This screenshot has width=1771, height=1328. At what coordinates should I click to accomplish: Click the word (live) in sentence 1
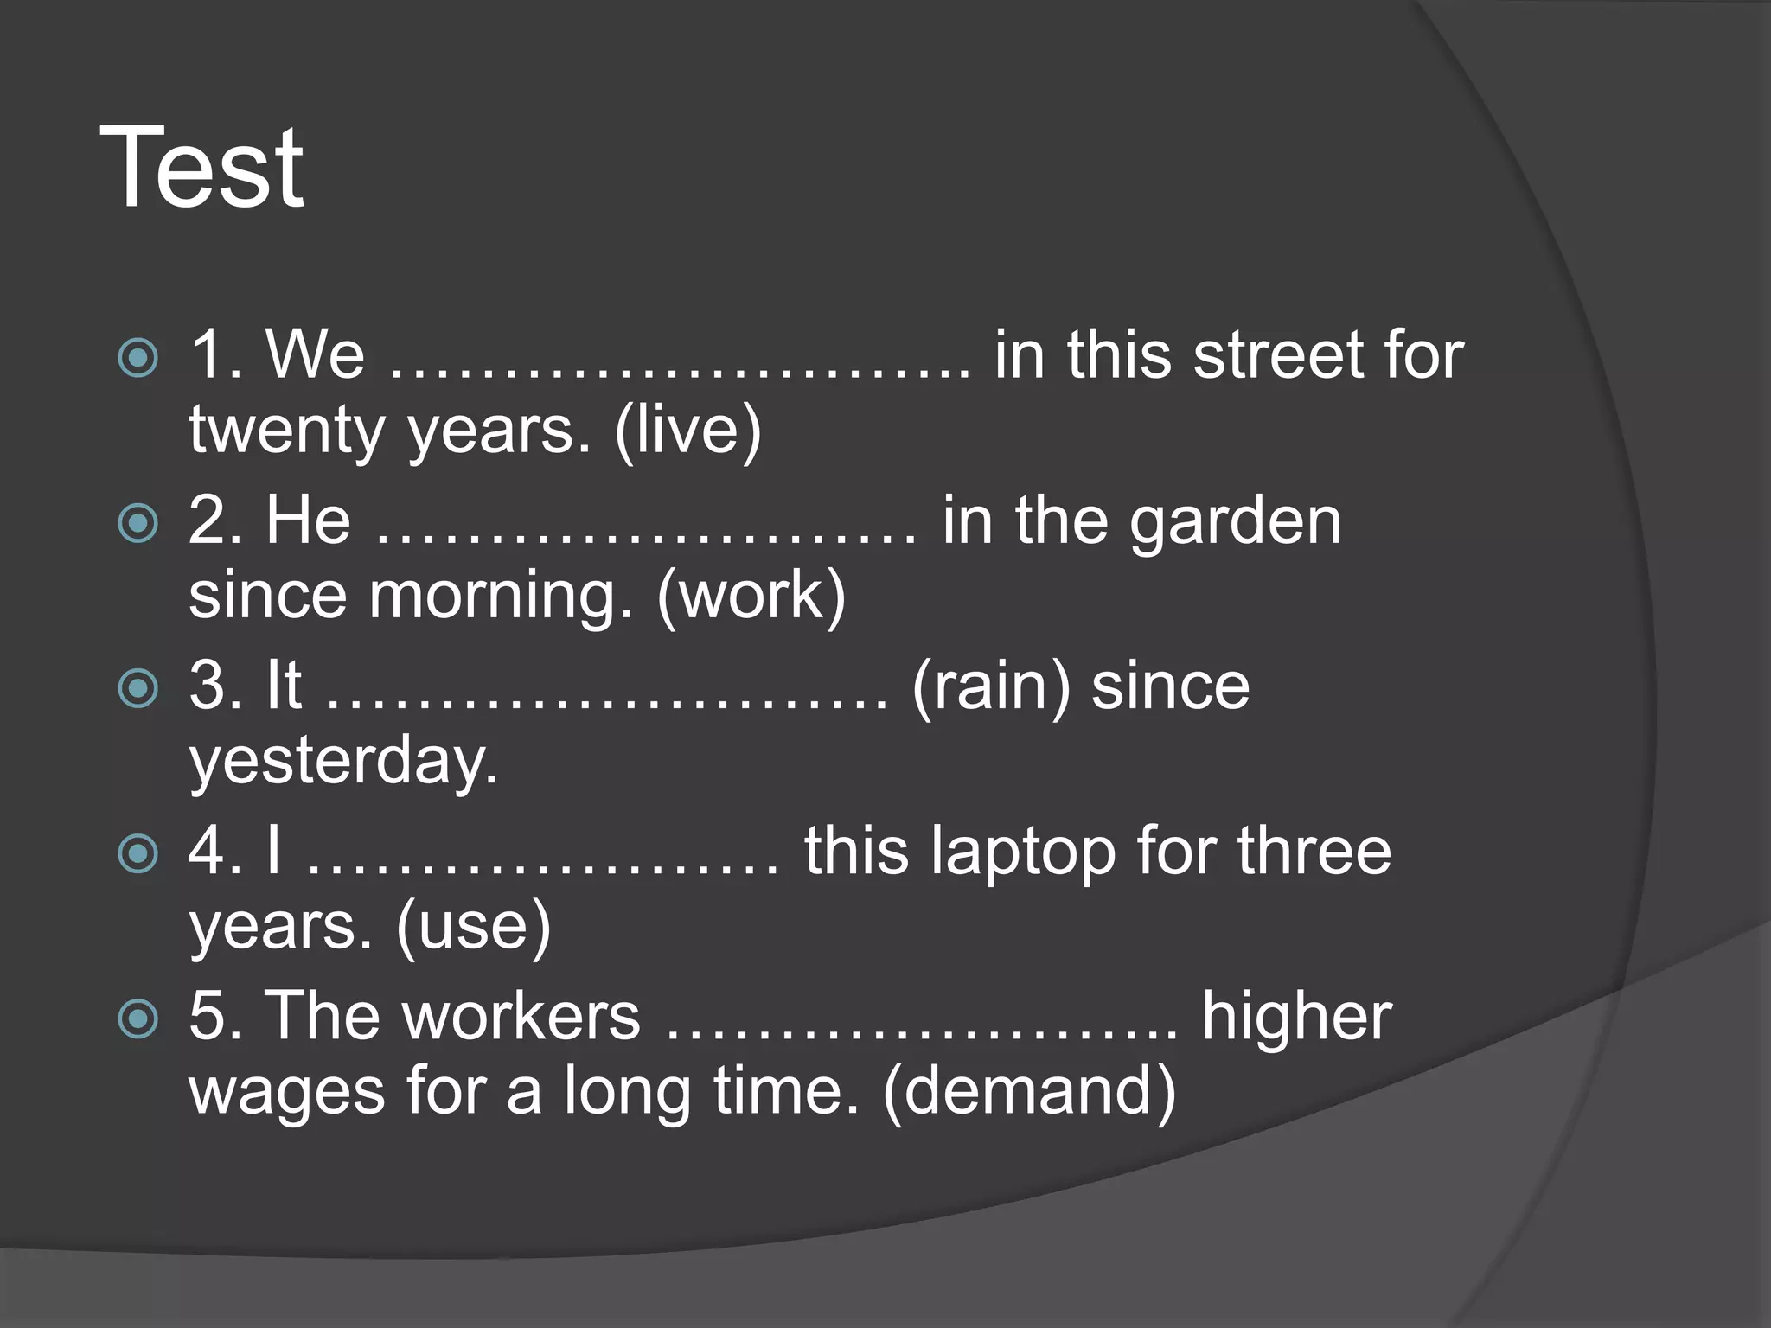coord(687,430)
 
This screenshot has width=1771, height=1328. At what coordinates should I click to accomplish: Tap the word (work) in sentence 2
coord(751,595)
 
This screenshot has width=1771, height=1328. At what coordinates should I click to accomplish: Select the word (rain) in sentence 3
coord(991,686)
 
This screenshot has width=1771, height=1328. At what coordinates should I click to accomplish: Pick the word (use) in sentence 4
coord(473,926)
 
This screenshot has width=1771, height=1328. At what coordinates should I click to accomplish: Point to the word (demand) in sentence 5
coord(1029,1091)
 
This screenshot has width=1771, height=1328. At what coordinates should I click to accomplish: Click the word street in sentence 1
coord(1277,354)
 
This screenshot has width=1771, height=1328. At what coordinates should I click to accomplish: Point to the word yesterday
coord(343,761)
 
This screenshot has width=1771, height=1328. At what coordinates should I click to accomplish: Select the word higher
coord(1296,1016)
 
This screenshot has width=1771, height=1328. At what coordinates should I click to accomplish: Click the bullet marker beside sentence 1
coord(138,357)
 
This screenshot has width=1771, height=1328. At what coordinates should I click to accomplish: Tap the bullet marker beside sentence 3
coord(138,688)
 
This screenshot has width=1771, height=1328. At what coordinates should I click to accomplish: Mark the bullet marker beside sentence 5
coord(138,1018)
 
